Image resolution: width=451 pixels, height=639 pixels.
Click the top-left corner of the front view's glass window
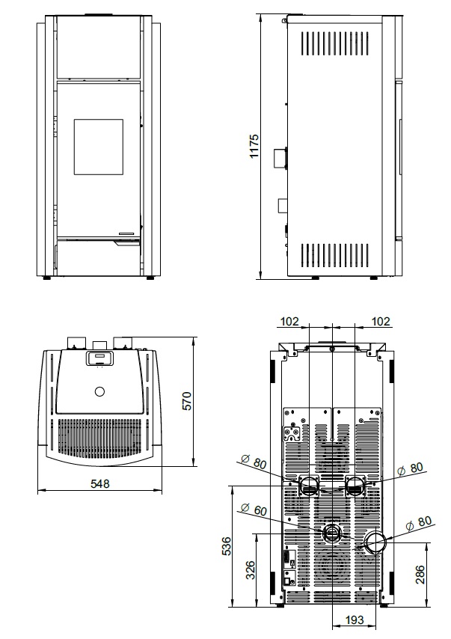74,120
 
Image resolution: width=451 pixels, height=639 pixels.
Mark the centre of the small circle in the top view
99,392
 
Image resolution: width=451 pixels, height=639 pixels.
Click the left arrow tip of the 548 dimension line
38,489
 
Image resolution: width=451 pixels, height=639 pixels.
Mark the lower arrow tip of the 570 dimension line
193,466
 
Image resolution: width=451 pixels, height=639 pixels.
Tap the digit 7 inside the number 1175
254,144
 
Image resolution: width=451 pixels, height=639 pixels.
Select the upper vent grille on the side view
335,43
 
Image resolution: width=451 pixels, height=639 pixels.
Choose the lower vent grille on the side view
335,255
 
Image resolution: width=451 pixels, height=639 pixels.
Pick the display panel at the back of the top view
99,358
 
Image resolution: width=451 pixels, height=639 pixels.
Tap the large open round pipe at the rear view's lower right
375,542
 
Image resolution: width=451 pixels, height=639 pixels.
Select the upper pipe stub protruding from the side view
280,158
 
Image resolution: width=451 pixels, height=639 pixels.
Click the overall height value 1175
254,147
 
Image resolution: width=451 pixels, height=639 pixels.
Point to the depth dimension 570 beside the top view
185,401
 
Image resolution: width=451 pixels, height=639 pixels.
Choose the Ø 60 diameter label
254,509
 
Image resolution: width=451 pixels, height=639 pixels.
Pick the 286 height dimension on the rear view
420,575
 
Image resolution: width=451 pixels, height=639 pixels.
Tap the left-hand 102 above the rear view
289,322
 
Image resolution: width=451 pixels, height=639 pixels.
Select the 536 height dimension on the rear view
226,546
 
